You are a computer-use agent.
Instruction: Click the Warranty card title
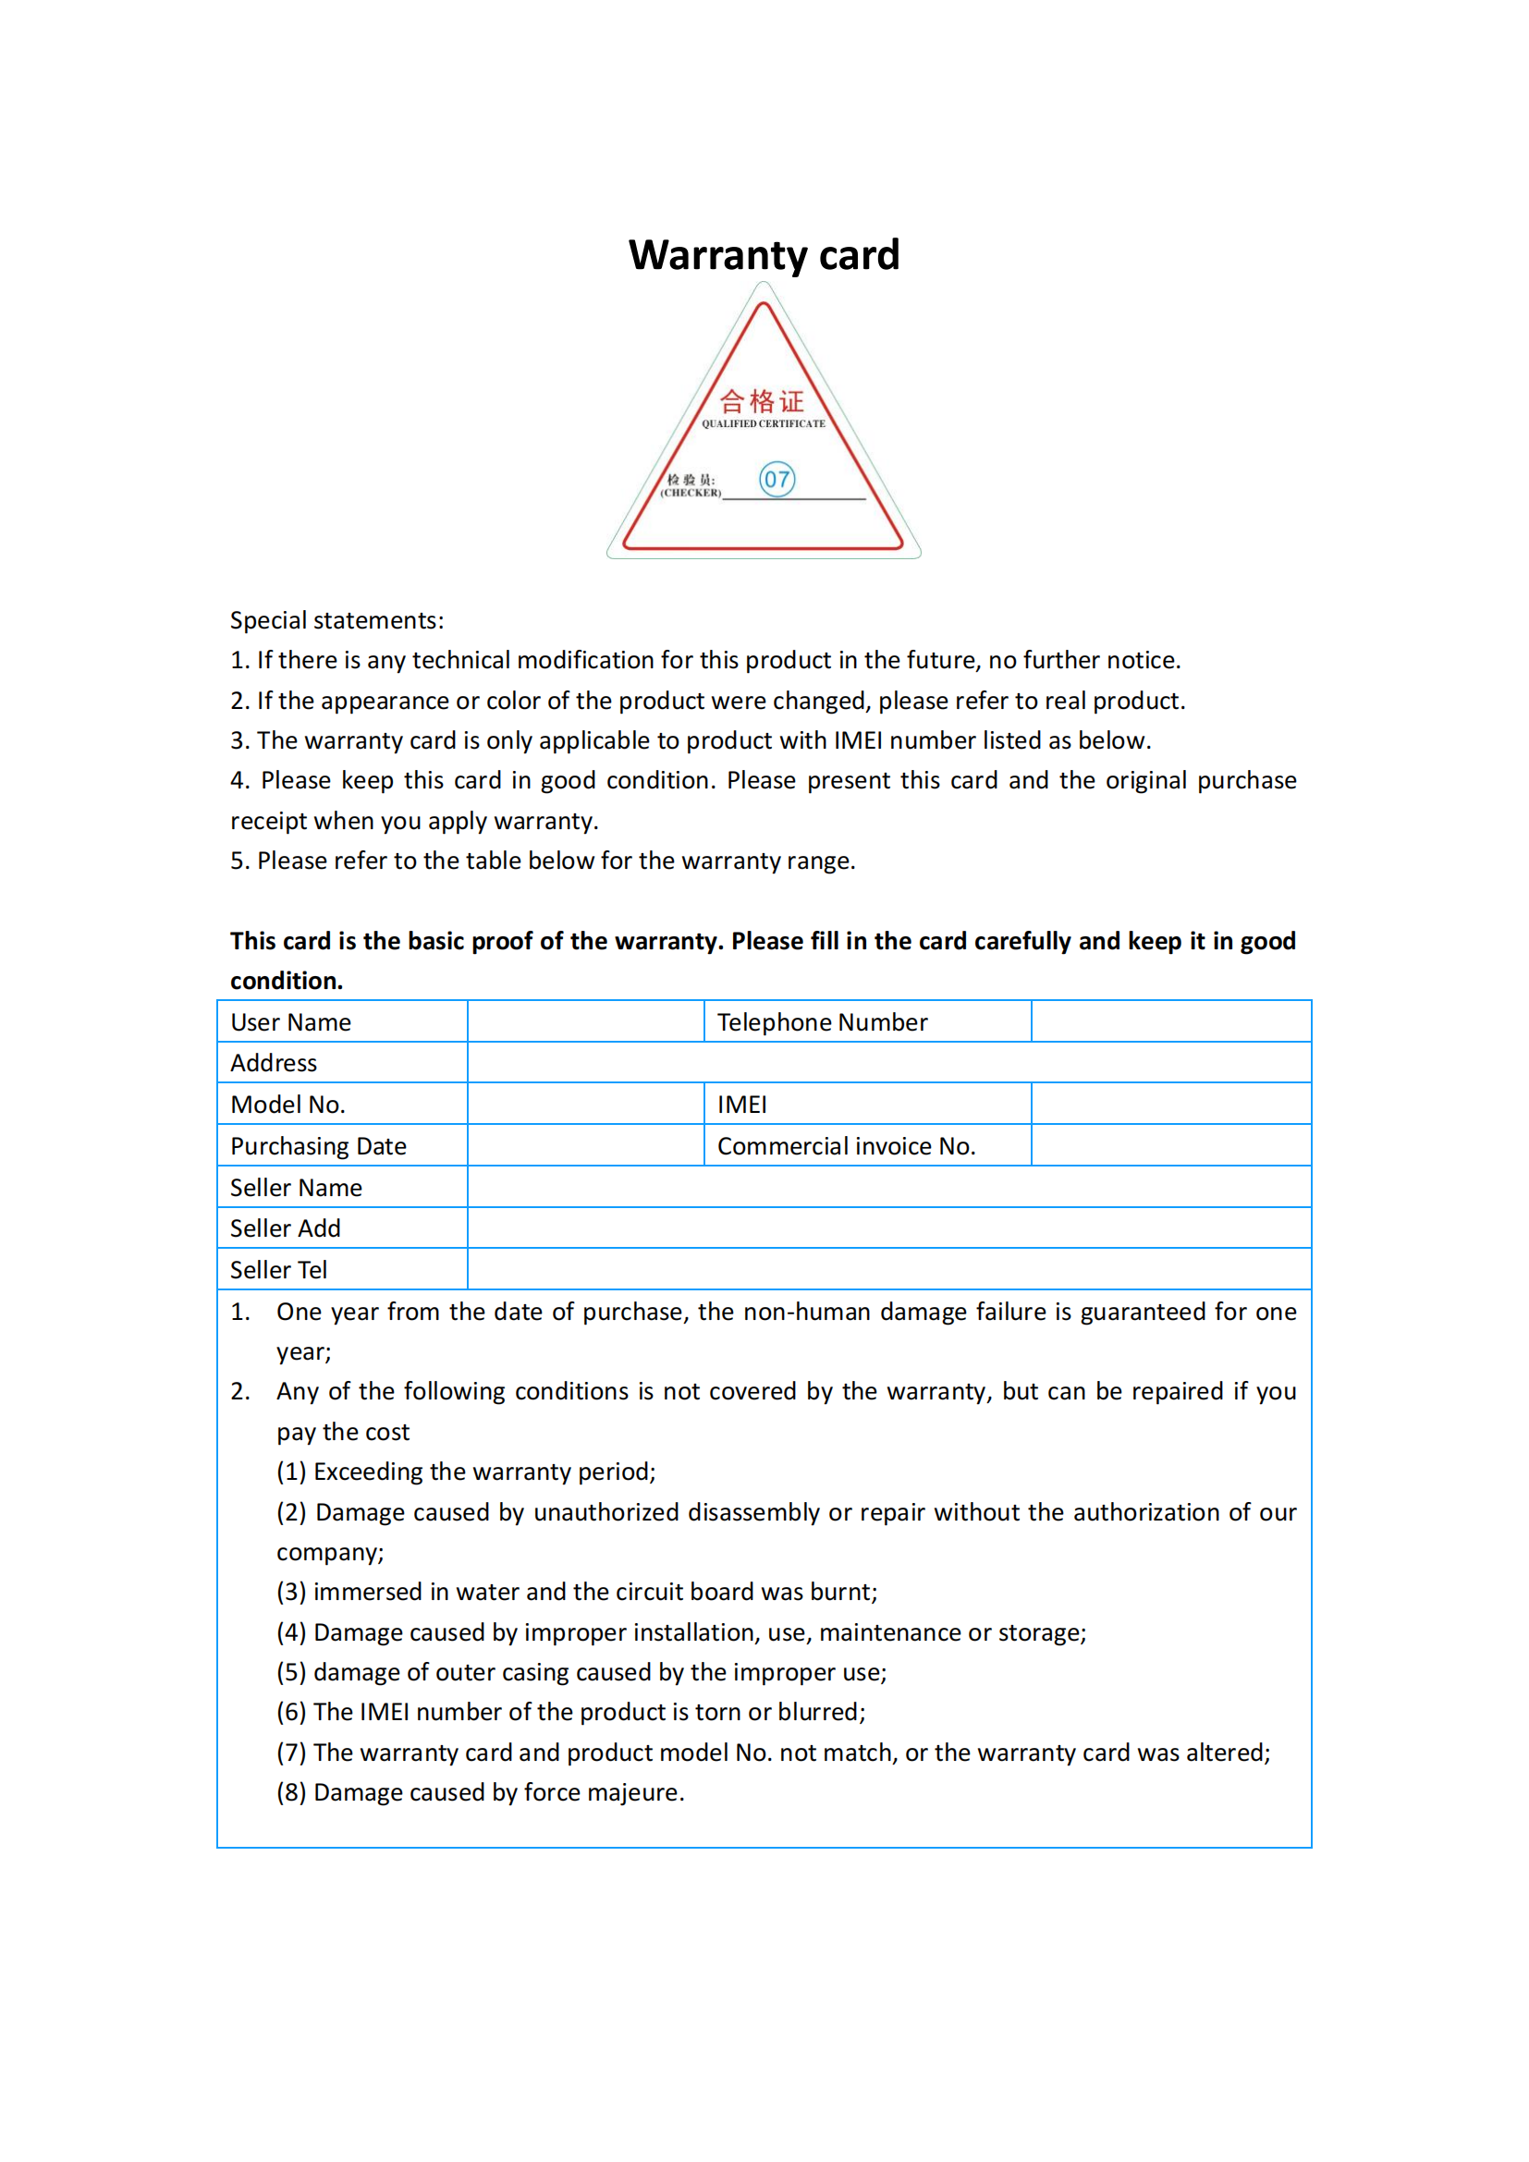point(764,255)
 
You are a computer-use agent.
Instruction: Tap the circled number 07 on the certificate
point(777,480)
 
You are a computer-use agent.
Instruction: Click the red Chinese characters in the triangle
point(763,401)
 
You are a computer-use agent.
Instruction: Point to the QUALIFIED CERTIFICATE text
point(763,423)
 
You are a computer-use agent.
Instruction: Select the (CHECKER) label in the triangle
point(691,493)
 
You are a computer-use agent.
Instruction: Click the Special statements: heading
point(336,620)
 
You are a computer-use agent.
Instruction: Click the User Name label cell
point(291,1022)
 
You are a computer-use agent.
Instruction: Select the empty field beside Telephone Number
point(1170,1021)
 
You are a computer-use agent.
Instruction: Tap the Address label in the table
point(274,1063)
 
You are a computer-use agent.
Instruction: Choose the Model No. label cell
point(288,1105)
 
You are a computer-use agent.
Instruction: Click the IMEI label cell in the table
point(742,1105)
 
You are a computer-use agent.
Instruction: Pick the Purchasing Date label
point(318,1146)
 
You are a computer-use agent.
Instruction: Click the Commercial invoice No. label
point(846,1146)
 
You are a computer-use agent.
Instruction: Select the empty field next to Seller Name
point(887,1188)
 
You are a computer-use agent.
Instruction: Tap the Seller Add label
point(286,1228)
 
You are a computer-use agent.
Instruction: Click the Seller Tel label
point(278,1270)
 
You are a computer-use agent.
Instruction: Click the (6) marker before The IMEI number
point(291,1712)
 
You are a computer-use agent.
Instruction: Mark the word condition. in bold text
point(287,982)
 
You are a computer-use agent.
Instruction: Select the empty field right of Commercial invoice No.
point(1170,1146)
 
